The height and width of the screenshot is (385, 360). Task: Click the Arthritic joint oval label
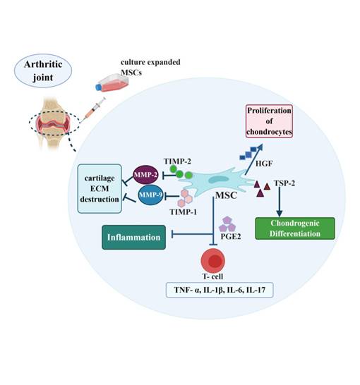(x=43, y=71)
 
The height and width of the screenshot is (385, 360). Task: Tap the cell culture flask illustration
(x=112, y=82)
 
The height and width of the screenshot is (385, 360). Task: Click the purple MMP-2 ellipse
(x=145, y=175)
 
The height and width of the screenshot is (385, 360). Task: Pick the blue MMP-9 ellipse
(x=150, y=195)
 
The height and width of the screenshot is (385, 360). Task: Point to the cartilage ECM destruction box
(x=100, y=188)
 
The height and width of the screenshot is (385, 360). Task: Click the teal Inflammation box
(x=133, y=237)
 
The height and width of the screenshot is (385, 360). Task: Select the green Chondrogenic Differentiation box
(x=295, y=228)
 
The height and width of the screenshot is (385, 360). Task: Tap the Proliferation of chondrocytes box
(x=269, y=121)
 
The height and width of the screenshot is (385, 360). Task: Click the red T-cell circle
(x=212, y=260)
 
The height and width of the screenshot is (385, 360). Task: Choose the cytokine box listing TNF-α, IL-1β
(x=220, y=290)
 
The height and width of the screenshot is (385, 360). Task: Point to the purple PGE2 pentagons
(x=227, y=224)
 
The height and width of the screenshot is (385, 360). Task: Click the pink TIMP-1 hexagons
(x=185, y=198)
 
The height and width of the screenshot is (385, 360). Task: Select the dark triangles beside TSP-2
(x=261, y=188)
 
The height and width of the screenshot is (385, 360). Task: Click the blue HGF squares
(x=248, y=153)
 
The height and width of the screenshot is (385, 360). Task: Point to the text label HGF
(x=264, y=164)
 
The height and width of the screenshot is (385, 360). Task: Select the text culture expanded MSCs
(x=150, y=67)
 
